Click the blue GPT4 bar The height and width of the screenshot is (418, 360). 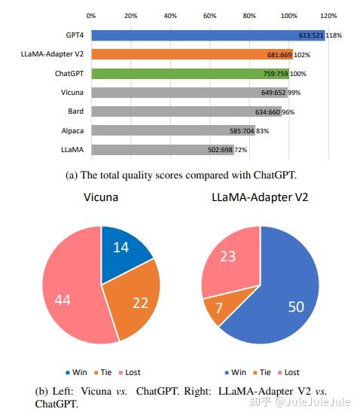coord(203,35)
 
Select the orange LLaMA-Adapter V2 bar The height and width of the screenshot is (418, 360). coord(188,54)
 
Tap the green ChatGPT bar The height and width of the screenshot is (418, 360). coord(188,74)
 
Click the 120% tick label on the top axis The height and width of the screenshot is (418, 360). coord(328,15)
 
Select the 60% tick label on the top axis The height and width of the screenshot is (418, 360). coord(210,15)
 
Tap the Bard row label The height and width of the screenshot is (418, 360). coord(75,111)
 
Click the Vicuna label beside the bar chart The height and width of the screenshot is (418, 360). coord(72,93)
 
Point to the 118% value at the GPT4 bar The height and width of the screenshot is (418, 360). coord(334,35)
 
